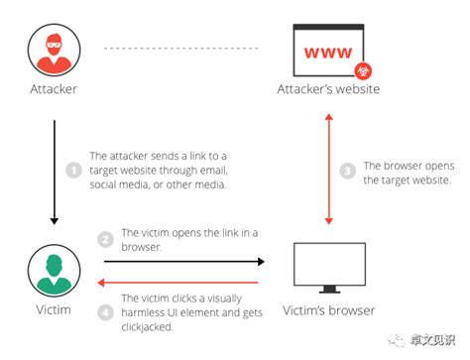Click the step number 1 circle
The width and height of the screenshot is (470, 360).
[x=72, y=171]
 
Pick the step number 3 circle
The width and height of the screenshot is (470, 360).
[x=348, y=172]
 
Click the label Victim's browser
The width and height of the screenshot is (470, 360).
[x=331, y=310]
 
